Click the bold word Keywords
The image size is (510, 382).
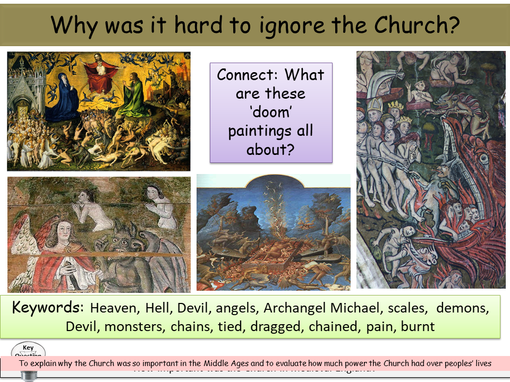(47, 308)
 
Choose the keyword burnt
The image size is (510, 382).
(418, 326)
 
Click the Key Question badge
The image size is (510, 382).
(28, 352)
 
